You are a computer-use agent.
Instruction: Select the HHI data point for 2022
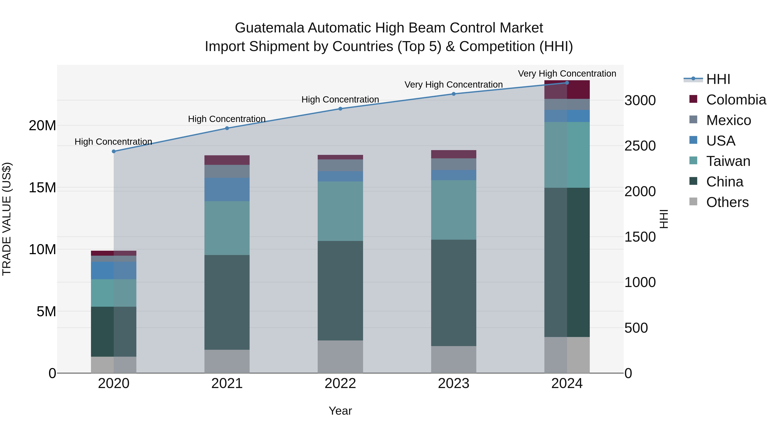[340, 109]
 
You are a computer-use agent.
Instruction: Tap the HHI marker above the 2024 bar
[567, 83]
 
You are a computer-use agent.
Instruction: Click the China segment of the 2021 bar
[227, 302]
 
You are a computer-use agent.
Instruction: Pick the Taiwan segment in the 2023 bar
[453, 210]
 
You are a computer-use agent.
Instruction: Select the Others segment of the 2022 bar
[340, 357]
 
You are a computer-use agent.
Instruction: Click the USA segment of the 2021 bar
[227, 189]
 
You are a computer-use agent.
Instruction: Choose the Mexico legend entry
[728, 120]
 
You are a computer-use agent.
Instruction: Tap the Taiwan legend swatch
[694, 161]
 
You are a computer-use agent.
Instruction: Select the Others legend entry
[727, 202]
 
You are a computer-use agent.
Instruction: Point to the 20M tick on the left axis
[42, 125]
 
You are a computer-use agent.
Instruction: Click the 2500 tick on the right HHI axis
[640, 146]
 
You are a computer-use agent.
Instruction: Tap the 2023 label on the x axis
[453, 383]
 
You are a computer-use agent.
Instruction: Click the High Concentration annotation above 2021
[227, 119]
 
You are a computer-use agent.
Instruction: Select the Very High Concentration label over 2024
[567, 74]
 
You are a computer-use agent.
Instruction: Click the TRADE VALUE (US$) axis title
[7, 219]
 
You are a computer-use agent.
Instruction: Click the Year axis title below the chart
[340, 411]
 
